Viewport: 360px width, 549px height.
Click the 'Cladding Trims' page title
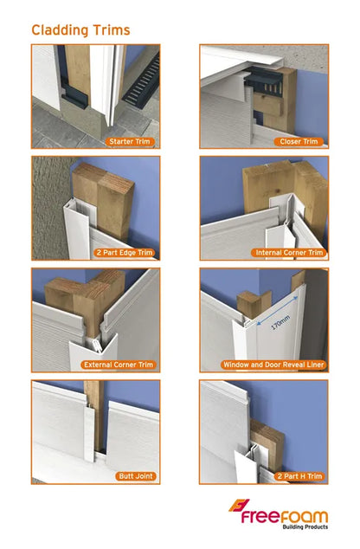pos(81,30)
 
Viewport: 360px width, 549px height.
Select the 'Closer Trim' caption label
pos(299,141)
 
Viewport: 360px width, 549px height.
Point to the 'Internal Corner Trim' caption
pos(289,253)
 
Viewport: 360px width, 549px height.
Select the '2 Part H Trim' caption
pos(296,475)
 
